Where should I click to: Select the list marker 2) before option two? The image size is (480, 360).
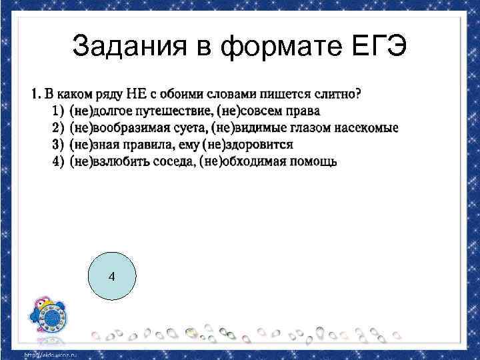coord(55,127)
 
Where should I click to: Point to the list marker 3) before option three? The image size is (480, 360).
coord(55,145)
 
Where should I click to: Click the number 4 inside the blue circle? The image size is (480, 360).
coord(111,276)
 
